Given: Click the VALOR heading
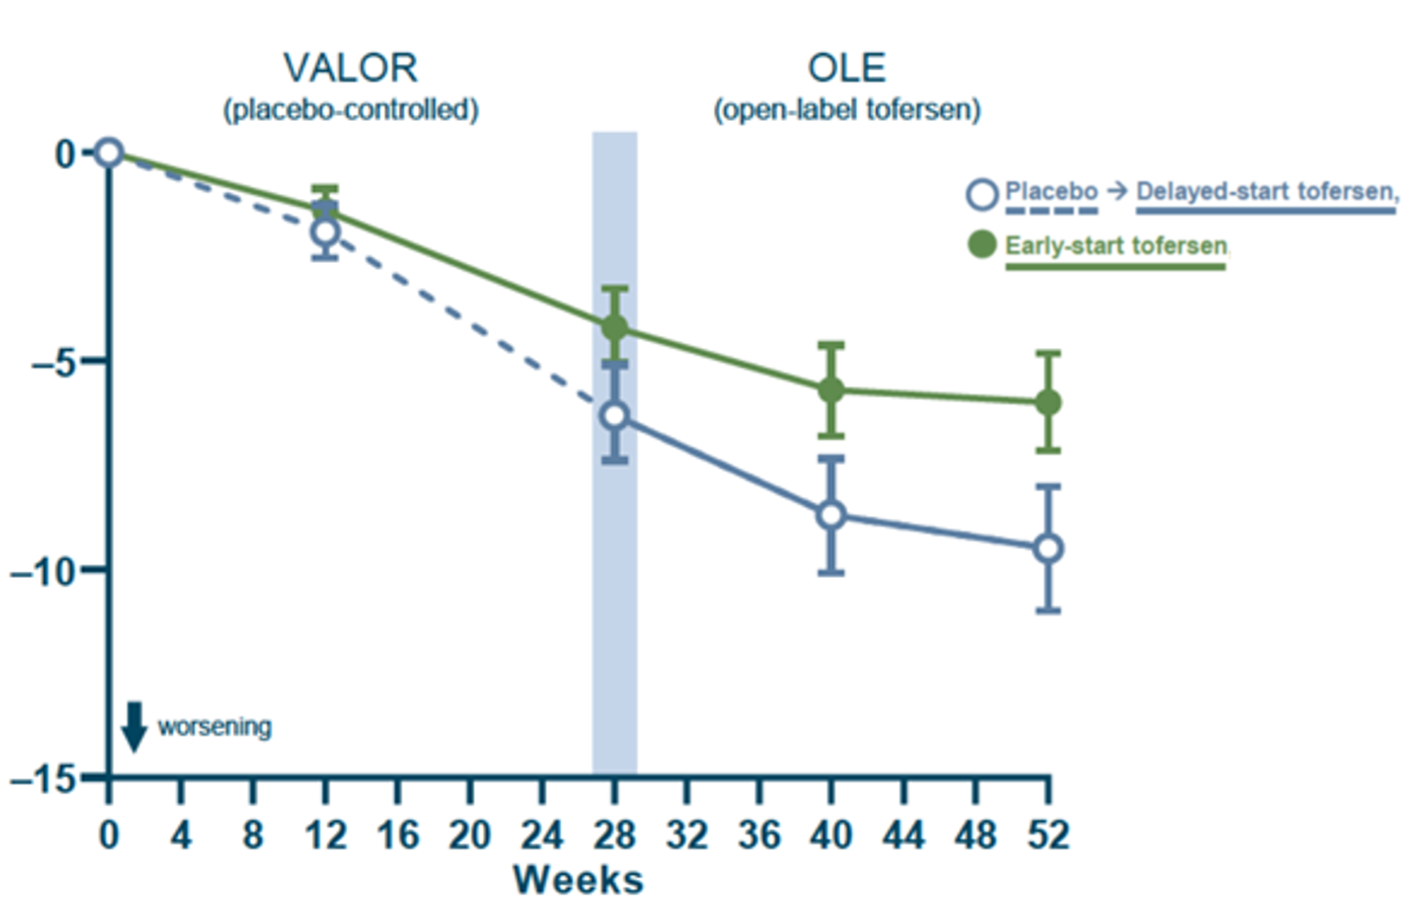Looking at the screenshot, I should point(351,69).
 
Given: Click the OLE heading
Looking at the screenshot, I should point(847,69).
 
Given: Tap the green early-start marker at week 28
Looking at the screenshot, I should point(615,327).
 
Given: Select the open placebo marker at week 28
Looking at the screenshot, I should point(615,416).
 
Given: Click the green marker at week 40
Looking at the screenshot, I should point(831,390).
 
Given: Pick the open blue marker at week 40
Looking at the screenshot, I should point(831,516).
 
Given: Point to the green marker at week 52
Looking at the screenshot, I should point(1048,402).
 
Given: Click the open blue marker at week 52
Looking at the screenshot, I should point(1048,549).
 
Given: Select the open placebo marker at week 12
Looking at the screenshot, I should point(325,232).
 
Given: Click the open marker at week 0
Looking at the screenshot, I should point(109,153).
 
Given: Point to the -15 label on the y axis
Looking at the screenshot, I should point(43,779).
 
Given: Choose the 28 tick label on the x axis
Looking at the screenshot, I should point(614,836).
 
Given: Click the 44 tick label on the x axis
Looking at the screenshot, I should point(903,836).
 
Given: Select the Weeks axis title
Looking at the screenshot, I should point(578,880).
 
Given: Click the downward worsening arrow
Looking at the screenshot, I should point(134,727).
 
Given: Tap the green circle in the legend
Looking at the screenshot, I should point(982,245).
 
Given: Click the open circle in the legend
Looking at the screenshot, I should point(982,195).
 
